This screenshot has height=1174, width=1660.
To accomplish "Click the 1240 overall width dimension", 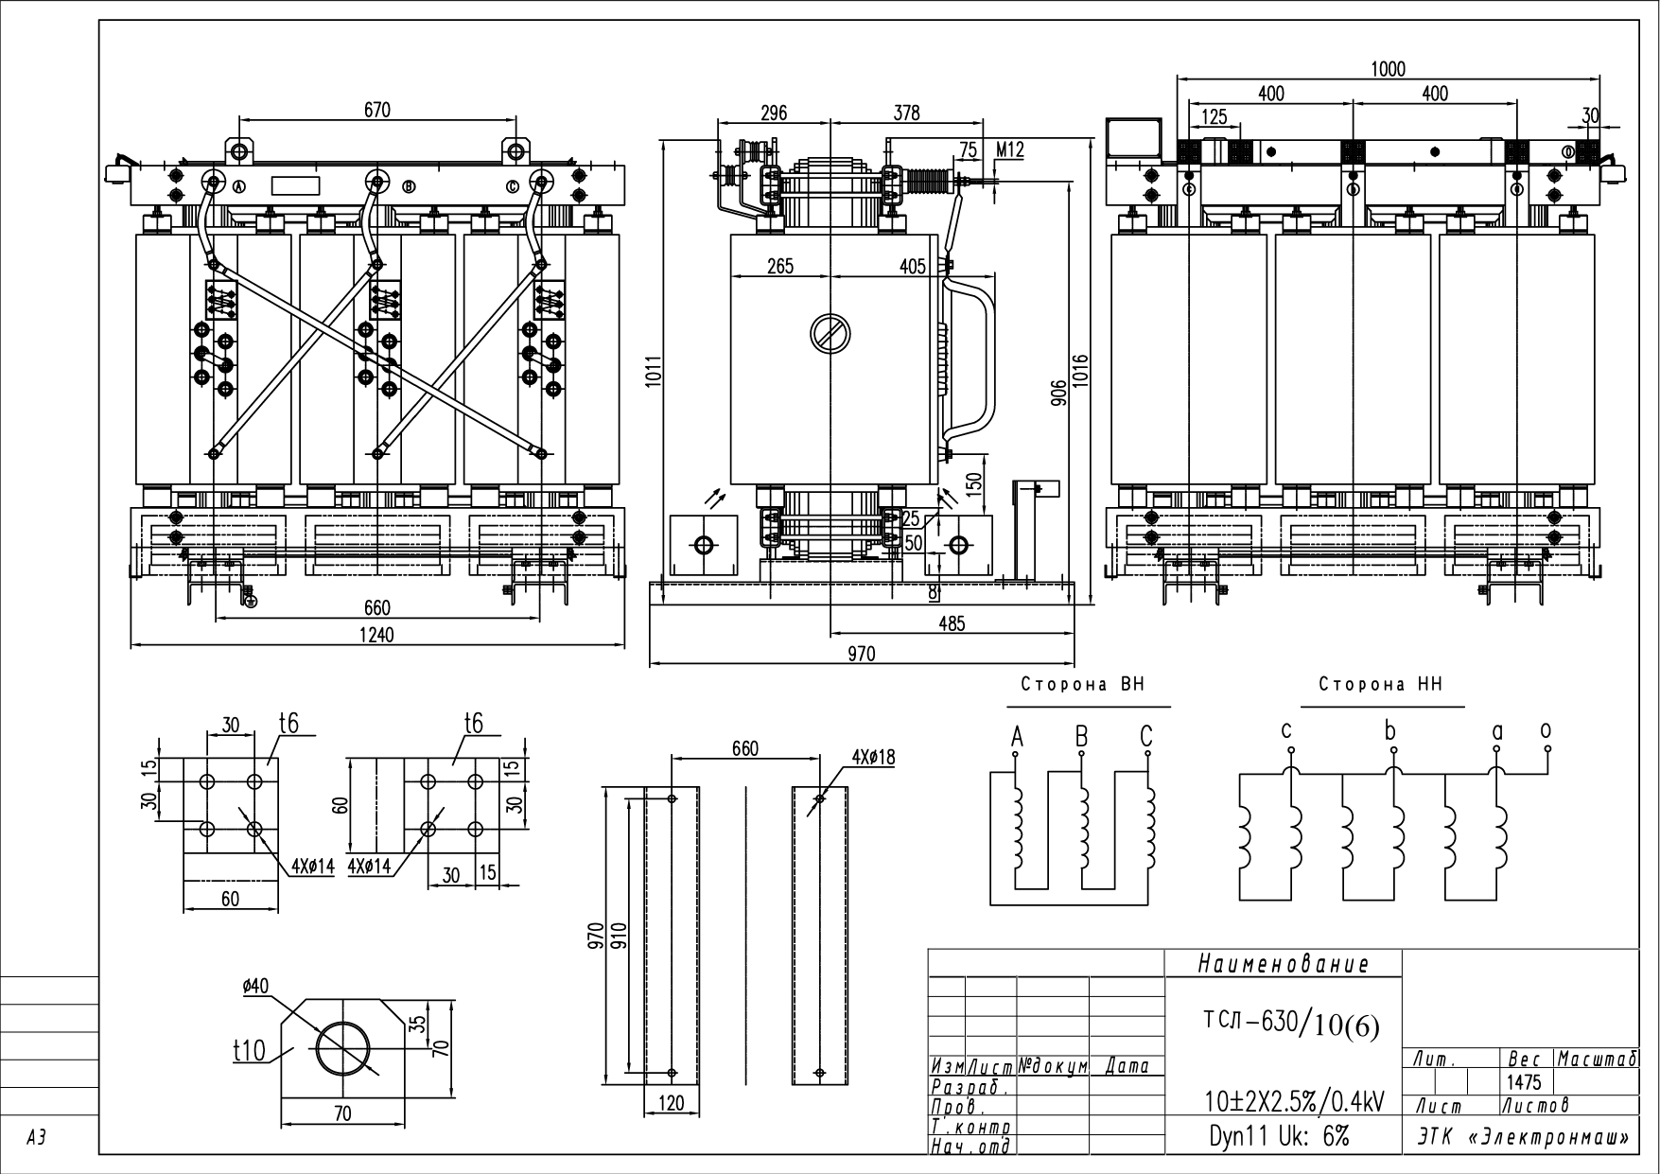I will coord(376,635).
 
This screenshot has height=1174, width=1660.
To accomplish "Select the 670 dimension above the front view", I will coord(376,110).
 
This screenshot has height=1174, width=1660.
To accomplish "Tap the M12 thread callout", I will coord(1010,149).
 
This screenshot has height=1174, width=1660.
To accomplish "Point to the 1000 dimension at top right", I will coord(1388,69).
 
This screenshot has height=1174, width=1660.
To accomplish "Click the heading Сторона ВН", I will coord(1082,685).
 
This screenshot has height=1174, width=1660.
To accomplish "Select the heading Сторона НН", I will coord(1381,685).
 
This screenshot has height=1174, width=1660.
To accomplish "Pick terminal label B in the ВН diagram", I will coord(1081,736).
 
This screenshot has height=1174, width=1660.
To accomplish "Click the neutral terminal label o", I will coord(1546,730).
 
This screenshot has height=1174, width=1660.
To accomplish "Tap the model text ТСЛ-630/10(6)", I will coord(1291,1024).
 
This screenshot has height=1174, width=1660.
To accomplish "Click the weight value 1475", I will coord(1525,1082).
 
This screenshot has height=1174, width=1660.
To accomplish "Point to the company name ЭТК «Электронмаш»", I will coord(1523,1137).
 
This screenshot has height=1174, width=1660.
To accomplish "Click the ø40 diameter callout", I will coord(255,986).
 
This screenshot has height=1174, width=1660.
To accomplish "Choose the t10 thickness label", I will coord(250,1051).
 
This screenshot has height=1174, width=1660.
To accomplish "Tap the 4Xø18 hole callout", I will coord(872,758).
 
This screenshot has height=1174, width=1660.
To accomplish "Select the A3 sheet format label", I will coord(36,1140).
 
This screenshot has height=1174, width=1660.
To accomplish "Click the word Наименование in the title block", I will coord(1283,965).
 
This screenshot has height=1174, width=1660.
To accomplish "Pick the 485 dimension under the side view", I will coord(952,623).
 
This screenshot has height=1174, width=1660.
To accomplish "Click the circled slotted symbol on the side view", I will coord(830,333).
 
